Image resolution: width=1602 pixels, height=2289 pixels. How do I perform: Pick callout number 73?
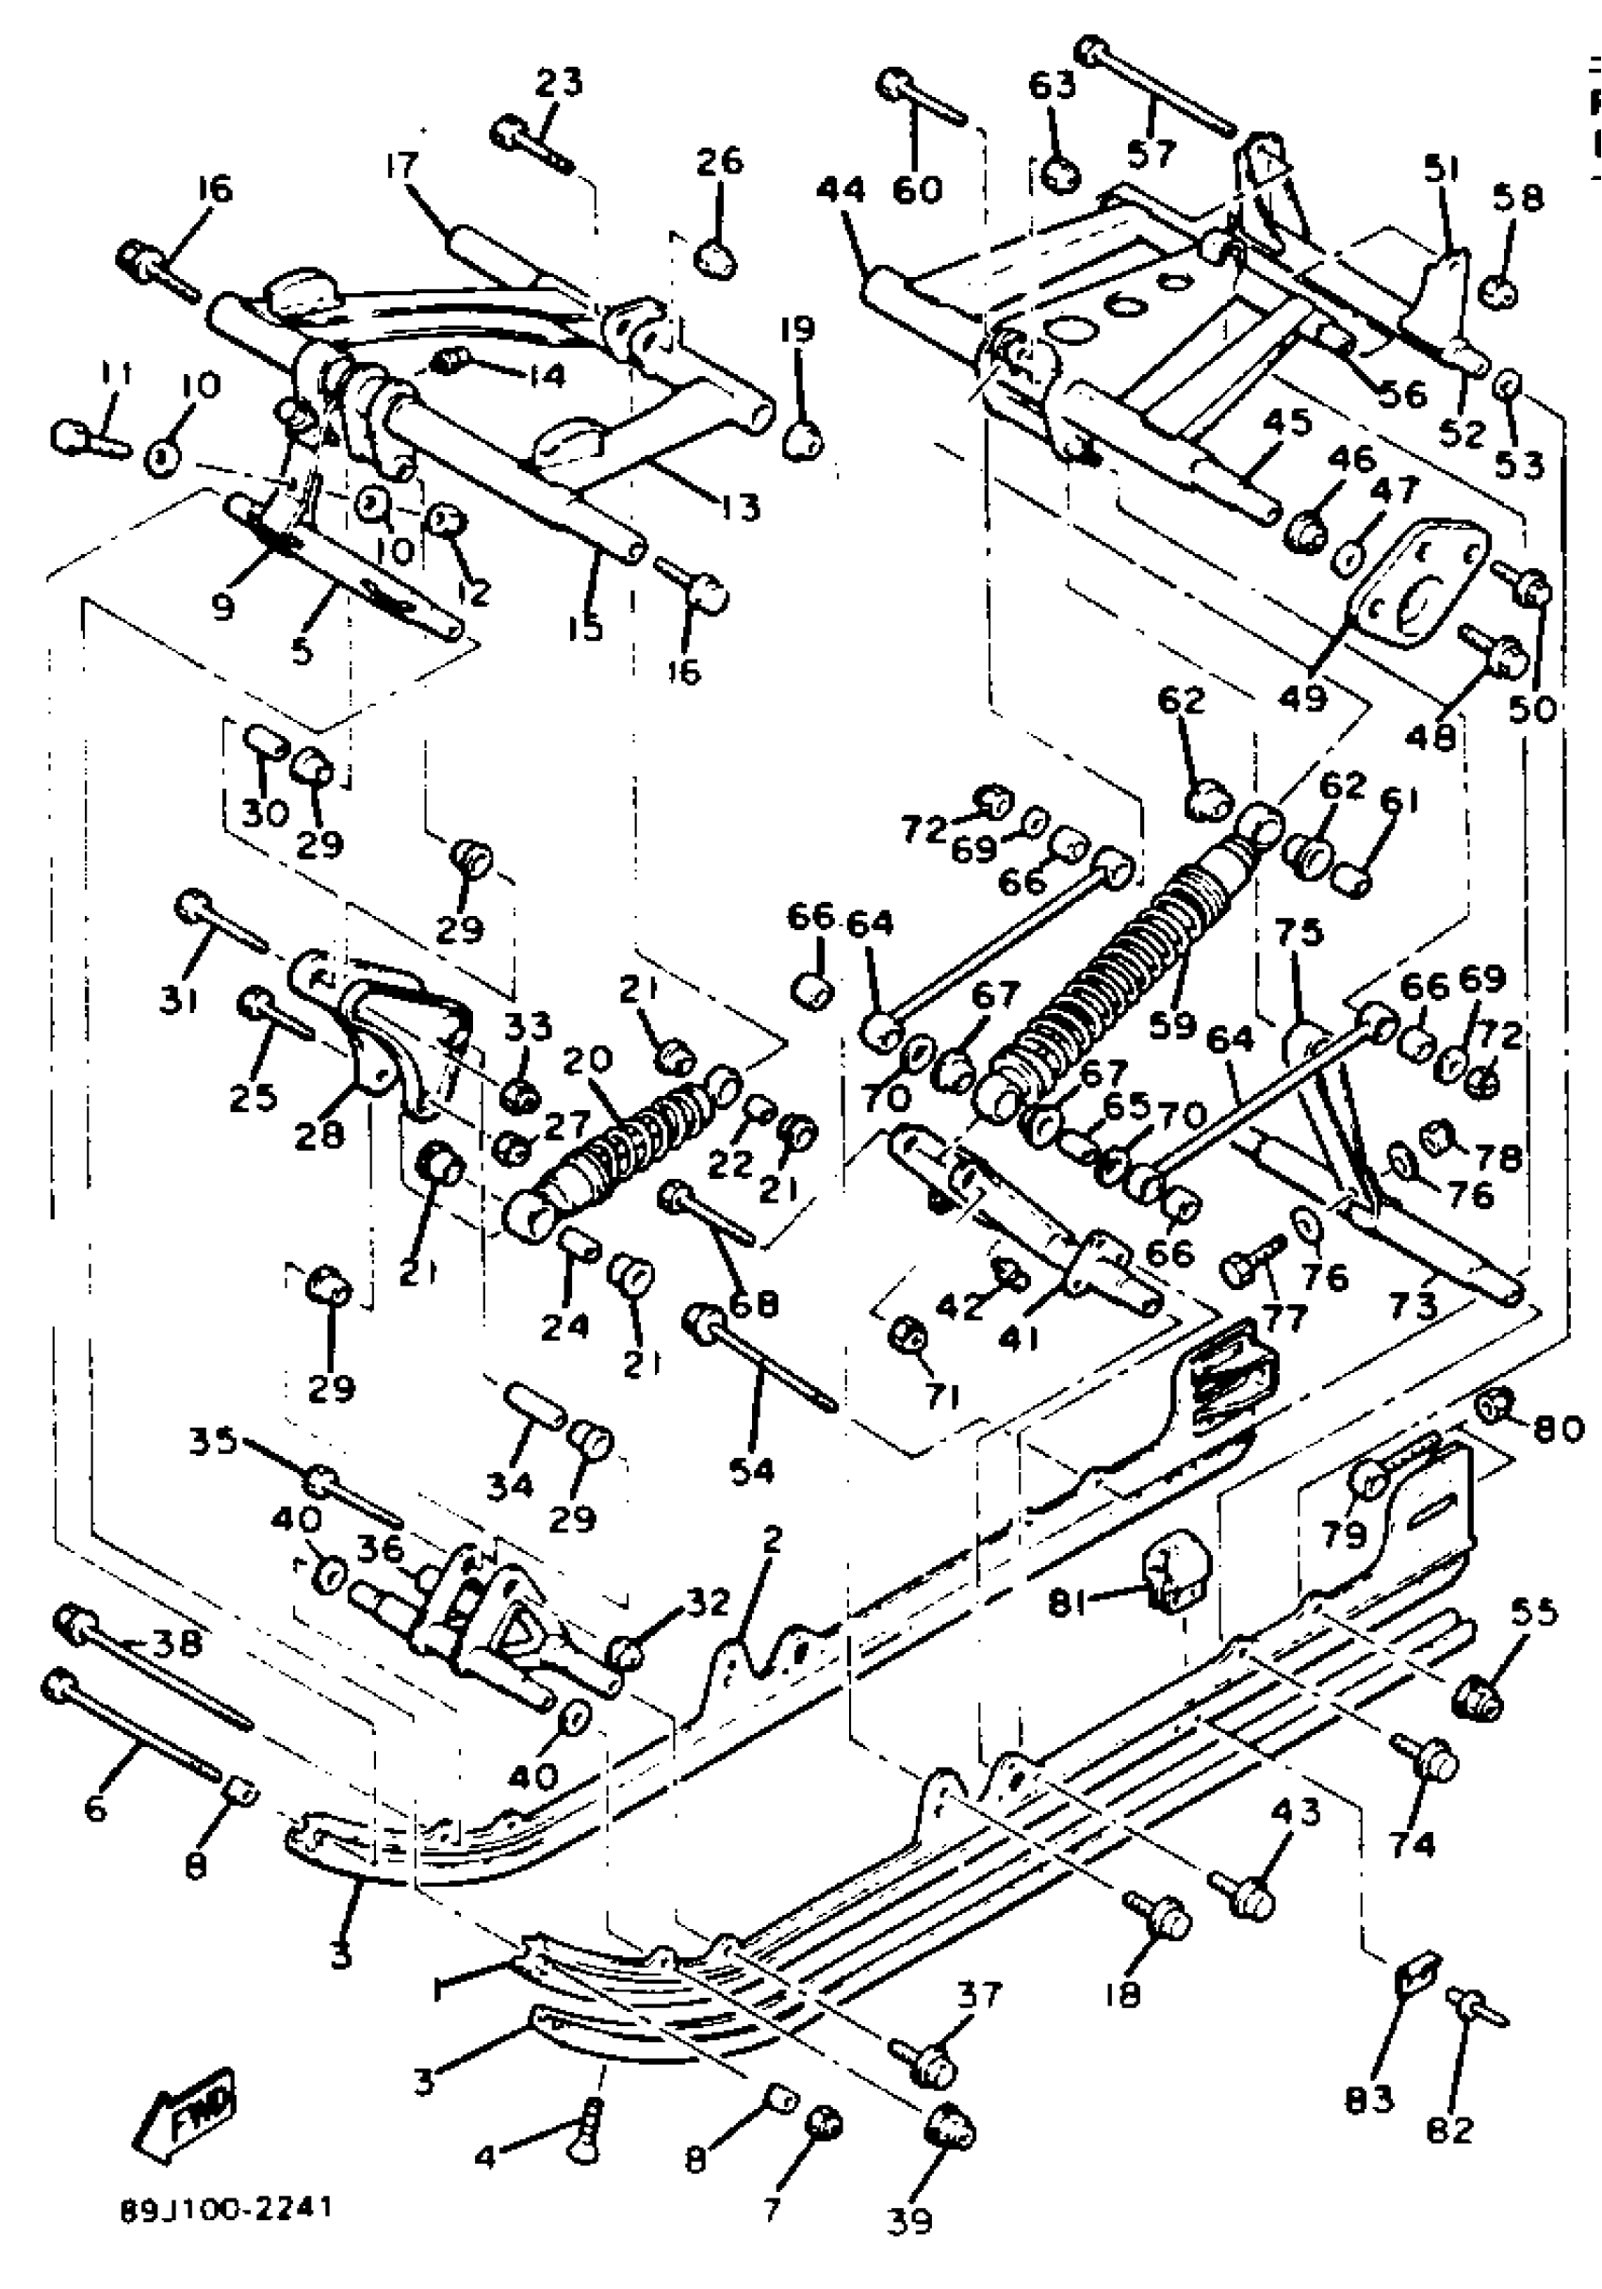tap(1418, 1304)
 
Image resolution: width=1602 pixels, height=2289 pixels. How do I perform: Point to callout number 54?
tap(752, 1468)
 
